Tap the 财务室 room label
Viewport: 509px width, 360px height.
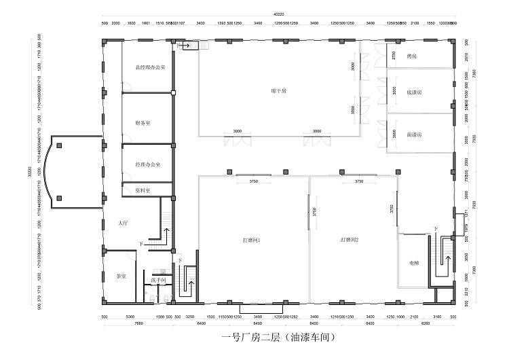(143, 123)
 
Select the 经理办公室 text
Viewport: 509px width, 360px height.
(147, 165)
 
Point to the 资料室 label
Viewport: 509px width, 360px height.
(142, 190)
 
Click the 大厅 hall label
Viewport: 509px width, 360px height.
(123, 222)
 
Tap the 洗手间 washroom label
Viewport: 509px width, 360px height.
(159, 280)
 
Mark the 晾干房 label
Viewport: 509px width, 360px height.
(278, 90)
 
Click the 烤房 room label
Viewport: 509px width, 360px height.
(411, 56)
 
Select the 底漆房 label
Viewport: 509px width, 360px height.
(415, 92)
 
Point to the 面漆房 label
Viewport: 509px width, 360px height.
(415, 135)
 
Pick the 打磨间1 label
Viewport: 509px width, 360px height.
(252, 240)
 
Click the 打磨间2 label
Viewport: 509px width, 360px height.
(350, 240)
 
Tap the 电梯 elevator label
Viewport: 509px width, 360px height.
(414, 262)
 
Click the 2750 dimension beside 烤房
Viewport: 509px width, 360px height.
(394, 56)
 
